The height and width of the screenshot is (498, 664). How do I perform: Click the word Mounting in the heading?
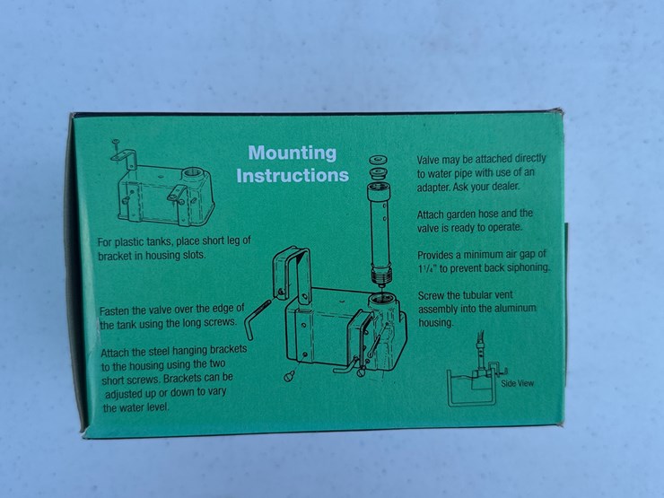click(293, 153)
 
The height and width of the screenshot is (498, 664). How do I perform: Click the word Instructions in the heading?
click(293, 175)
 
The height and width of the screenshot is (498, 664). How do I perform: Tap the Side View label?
click(518, 383)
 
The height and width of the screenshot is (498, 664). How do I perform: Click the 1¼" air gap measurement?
click(427, 268)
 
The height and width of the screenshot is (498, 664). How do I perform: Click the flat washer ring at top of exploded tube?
click(377, 160)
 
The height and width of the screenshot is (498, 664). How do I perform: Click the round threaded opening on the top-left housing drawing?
click(193, 173)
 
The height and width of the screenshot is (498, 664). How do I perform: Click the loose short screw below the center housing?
click(290, 375)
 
